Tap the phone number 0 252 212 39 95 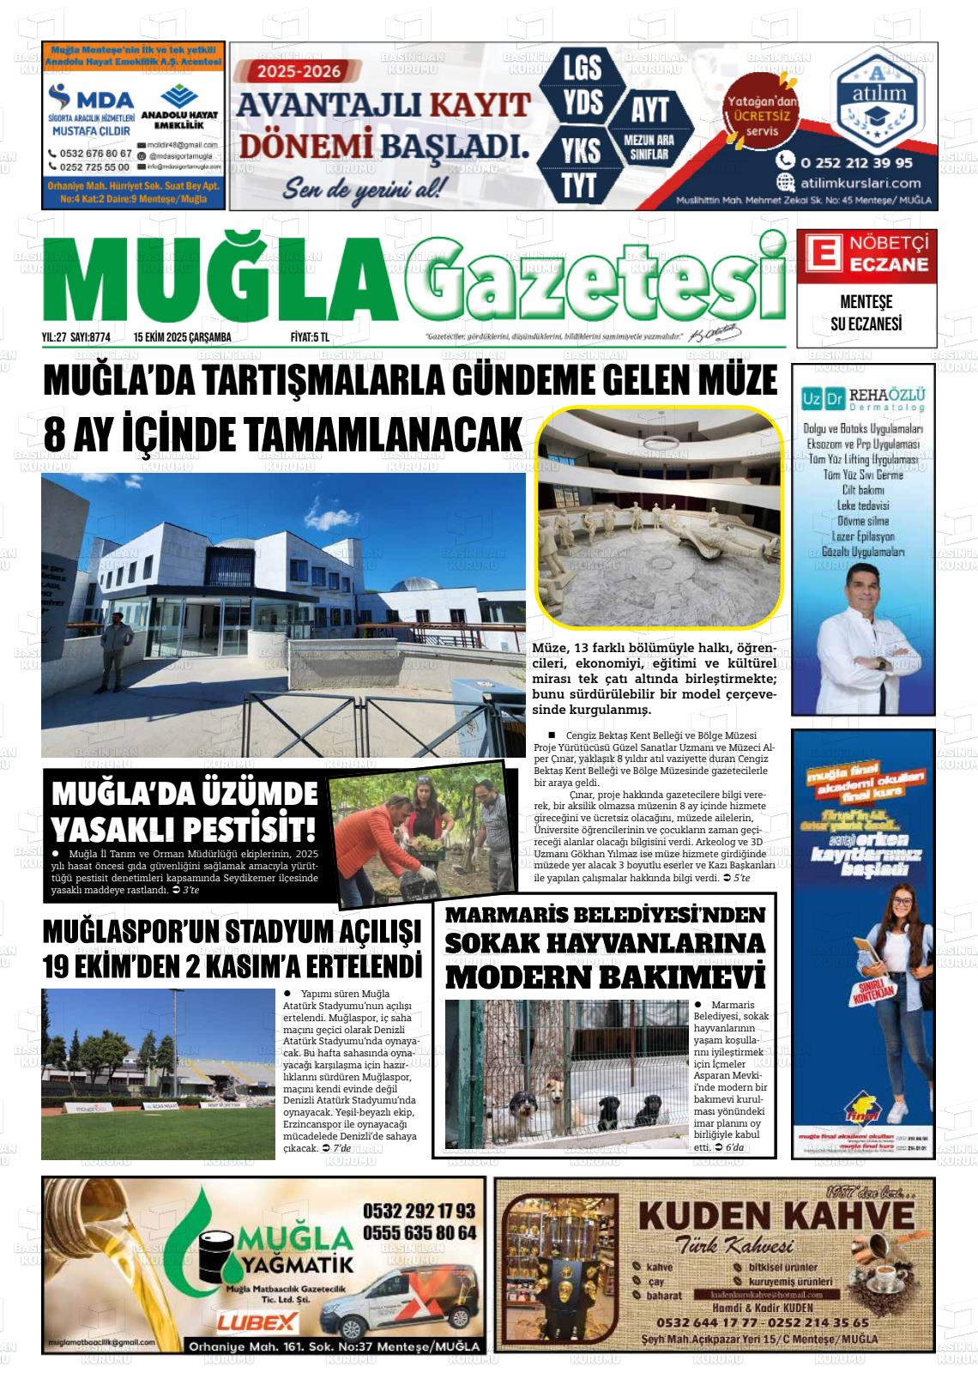[855, 161]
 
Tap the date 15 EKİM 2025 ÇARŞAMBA [183, 337]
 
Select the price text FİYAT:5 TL [310, 337]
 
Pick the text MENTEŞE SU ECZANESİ [865, 314]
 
